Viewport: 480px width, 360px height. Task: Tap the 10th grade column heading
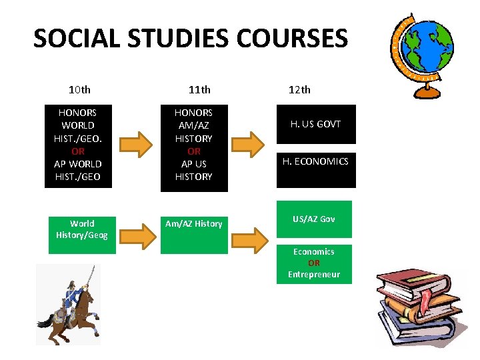(79, 89)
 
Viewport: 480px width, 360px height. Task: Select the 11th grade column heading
(199, 89)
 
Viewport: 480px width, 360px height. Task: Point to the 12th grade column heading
(299, 89)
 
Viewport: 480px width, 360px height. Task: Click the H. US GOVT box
(316, 124)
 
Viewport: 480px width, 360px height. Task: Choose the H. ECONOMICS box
(316, 161)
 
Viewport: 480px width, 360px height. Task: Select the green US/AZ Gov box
(314, 219)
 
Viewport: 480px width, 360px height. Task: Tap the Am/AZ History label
(194, 224)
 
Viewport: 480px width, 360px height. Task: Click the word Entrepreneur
(314, 275)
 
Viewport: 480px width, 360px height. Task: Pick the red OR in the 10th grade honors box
(78, 151)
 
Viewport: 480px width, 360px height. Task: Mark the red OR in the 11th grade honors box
(193, 151)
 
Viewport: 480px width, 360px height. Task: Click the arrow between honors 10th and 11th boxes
(137, 144)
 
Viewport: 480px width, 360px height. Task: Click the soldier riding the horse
(71, 304)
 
